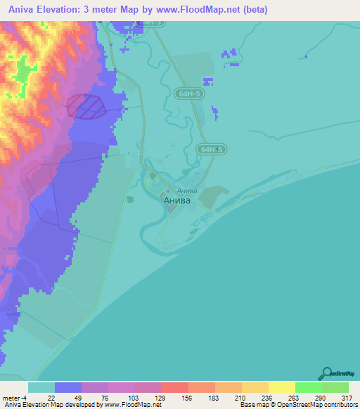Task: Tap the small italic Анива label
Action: point(186,190)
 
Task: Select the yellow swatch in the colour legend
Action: point(281,387)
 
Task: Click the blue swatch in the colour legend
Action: point(68,387)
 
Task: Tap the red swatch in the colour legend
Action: point(175,387)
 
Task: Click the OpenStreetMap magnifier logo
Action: point(327,373)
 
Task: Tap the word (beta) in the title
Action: point(255,11)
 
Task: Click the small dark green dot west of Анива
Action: point(130,200)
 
